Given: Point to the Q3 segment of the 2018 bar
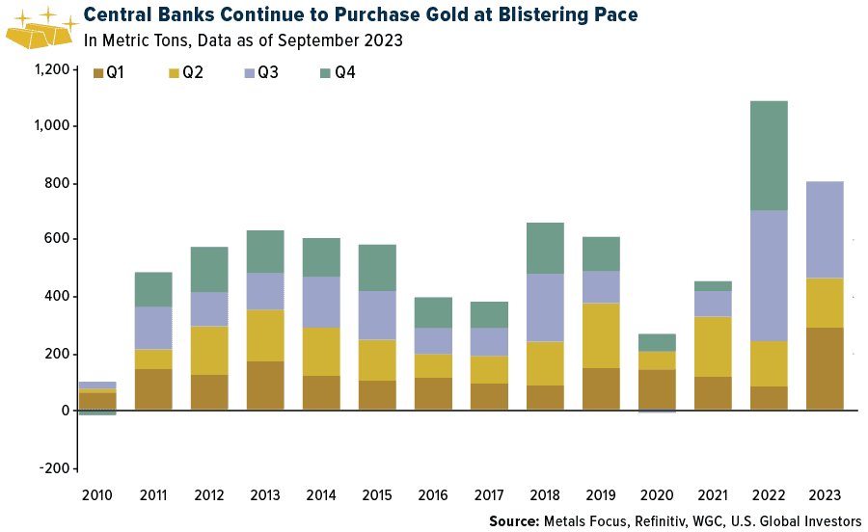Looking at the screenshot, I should pyautogui.click(x=545, y=307).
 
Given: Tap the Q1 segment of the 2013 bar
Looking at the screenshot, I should pyautogui.click(x=265, y=386).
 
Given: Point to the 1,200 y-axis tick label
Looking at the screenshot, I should pyautogui.click(x=50, y=69).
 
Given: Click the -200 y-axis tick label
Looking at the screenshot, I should pyautogui.click(x=54, y=467).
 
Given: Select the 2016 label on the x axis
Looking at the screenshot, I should pyautogui.click(x=433, y=495).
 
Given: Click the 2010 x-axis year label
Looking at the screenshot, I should pyautogui.click(x=97, y=495).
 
